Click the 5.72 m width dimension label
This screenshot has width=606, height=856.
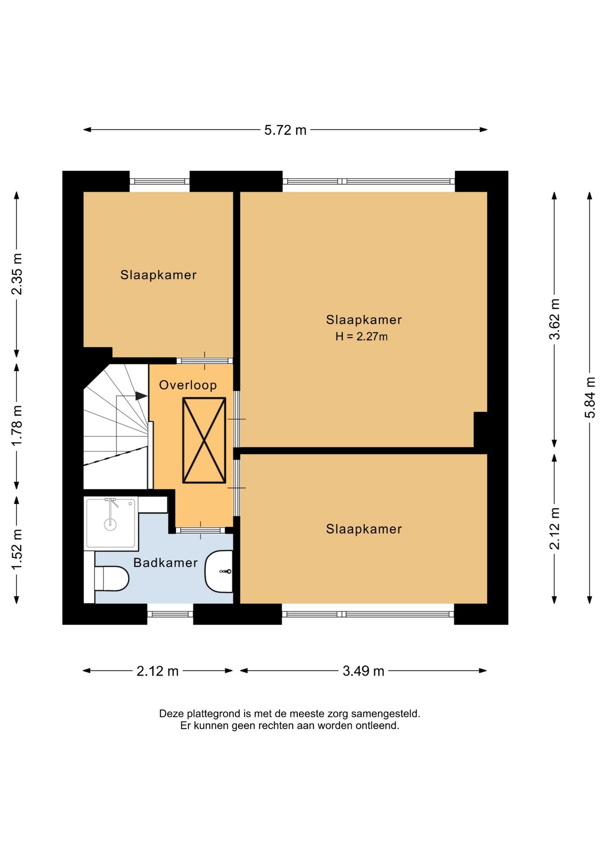[285, 130]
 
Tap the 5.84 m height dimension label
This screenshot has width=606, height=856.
[590, 397]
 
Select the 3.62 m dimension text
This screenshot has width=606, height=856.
[554, 319]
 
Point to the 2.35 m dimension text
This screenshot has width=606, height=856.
[17, 274]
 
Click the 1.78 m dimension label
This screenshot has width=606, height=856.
[17, 425]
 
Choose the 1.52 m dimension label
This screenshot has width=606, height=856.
[17, 549]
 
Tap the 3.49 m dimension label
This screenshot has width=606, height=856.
[363, 671]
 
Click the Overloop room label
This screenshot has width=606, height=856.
[188, 385]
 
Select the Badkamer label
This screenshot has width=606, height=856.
[166, 563]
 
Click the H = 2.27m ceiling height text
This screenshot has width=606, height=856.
[361, 337]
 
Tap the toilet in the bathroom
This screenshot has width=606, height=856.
[112, 578]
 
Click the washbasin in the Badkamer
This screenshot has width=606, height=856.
[219, 571]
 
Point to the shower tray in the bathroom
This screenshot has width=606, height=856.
[111, 523]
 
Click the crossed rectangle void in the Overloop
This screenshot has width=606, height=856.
[204, 440]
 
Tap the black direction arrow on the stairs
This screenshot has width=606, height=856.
[141, 395]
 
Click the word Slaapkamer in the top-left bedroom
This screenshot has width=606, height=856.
[158, 275]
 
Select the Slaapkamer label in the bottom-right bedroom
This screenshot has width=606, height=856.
[364, 529]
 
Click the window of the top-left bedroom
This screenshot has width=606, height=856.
[160, 181]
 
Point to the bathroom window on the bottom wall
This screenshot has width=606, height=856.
[170, 614]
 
